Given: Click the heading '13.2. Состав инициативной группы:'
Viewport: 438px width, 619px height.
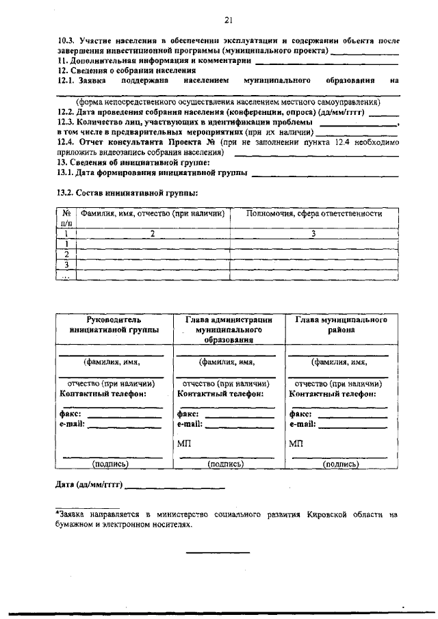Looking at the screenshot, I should coord(127,193).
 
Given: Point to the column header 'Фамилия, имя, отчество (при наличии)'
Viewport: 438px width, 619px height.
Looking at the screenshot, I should coord(153,214).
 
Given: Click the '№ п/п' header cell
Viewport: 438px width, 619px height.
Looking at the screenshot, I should coord(67,218).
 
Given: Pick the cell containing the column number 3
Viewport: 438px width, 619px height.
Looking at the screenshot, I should coord(313,234).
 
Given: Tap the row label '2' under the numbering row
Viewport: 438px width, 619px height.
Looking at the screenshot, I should coord(67,254).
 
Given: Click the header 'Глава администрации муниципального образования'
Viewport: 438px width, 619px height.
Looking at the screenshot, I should coord(229,329).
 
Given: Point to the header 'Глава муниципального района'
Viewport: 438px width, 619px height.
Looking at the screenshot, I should coord(342,324).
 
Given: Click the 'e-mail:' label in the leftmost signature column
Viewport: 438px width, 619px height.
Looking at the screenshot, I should coord(72,424).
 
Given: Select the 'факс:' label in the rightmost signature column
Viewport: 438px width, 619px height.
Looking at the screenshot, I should coord(300,414).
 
